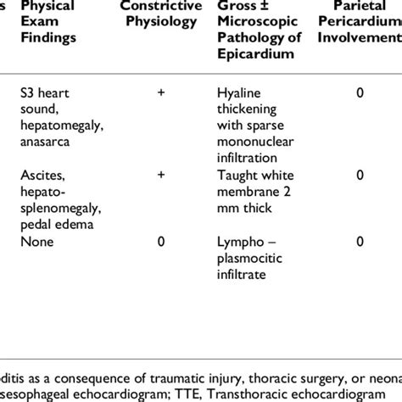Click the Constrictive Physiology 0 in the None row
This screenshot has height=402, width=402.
pyautogui.click(x=160, y=242)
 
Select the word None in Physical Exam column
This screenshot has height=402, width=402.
pyautogui.click(x=39, y=242)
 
